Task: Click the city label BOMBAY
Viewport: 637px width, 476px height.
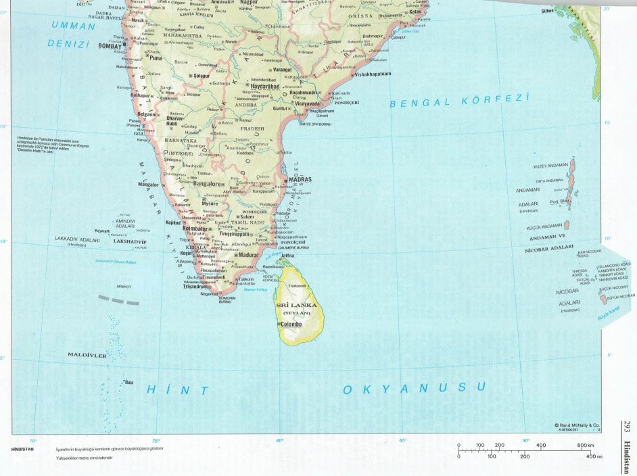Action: (112, 46)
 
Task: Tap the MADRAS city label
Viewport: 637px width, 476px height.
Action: (300, 181)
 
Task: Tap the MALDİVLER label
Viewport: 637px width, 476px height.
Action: (87, 354)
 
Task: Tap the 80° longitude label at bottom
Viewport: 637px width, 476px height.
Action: (280, 440)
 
